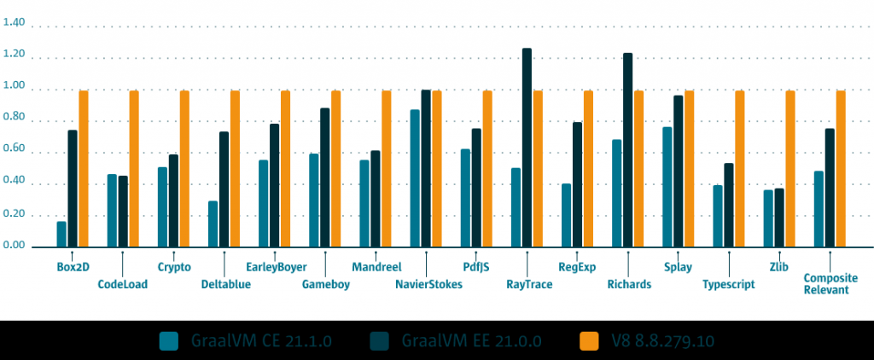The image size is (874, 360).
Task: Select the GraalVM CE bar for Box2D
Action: (61, 235)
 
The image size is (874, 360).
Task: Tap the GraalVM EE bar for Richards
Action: (627, 150)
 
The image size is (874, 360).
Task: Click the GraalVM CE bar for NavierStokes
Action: (415, 178)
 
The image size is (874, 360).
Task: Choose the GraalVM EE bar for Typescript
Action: (728, 206)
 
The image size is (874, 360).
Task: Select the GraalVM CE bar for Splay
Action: (667, 187)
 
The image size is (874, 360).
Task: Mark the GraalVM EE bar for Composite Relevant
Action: (830, 188)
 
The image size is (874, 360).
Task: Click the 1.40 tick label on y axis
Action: (15, 26)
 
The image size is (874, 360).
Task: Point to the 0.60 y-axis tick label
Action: (15, 153)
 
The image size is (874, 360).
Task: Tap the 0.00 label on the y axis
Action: (15, 247)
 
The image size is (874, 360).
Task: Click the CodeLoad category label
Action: (123, 284)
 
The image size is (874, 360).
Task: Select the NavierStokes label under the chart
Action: (429, 284)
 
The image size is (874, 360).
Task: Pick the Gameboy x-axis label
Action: (325, 284)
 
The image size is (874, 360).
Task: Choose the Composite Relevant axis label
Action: (826, 284)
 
